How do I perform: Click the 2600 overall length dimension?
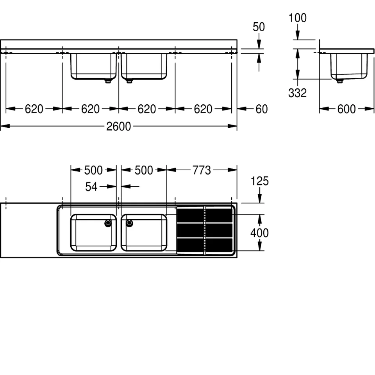coord(119,126)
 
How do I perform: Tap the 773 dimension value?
coord(202,170)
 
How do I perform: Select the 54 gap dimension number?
coord(91,187)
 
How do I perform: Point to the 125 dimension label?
coord(259,181)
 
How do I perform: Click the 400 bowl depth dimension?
coord(259,233)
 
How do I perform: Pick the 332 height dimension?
coord(297,93)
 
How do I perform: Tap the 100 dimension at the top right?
coord(298,18)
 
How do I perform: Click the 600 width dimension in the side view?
coord(346,109)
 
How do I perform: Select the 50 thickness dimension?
coord(259,27)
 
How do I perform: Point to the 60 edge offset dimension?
coord(262,109)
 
